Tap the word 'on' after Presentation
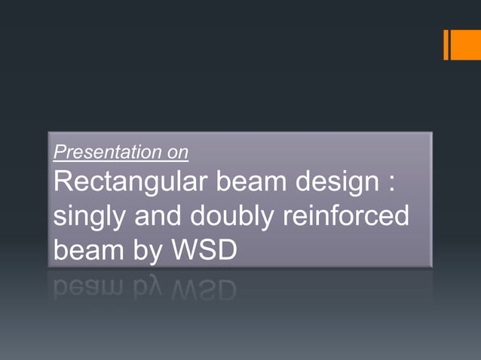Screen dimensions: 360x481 click(179, 152)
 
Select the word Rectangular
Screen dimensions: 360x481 click(126, 183)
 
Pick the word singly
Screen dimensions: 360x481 click(89, 218)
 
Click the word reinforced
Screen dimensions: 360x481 click(346, 217)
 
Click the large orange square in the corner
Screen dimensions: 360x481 click(466, 45)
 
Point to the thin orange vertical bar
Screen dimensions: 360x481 click(446, 45)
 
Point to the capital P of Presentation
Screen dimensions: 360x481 click(59, 152)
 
